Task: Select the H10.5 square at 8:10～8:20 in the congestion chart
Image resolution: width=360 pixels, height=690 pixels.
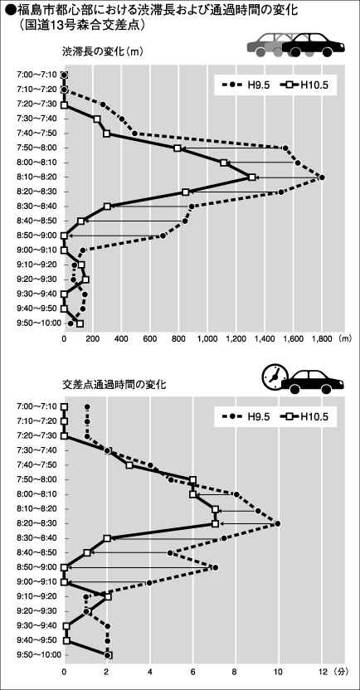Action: pos(251,177)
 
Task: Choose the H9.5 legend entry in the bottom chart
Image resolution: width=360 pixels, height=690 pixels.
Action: pos(244,416)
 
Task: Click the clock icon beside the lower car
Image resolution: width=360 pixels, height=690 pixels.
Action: pos(273,376)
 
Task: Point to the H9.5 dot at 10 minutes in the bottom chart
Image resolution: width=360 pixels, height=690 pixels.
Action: pos(278,523)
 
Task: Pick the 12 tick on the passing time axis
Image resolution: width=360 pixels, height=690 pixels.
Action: pos(322,672)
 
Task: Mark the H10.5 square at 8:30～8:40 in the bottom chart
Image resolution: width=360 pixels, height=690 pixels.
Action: pos(107,538)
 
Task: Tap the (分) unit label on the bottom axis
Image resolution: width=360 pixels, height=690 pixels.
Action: pos(340,672)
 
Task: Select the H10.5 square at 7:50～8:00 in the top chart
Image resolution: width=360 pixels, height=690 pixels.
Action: pos(178,148)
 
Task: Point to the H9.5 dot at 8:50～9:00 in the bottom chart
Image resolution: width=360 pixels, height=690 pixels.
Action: pos(215,567)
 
